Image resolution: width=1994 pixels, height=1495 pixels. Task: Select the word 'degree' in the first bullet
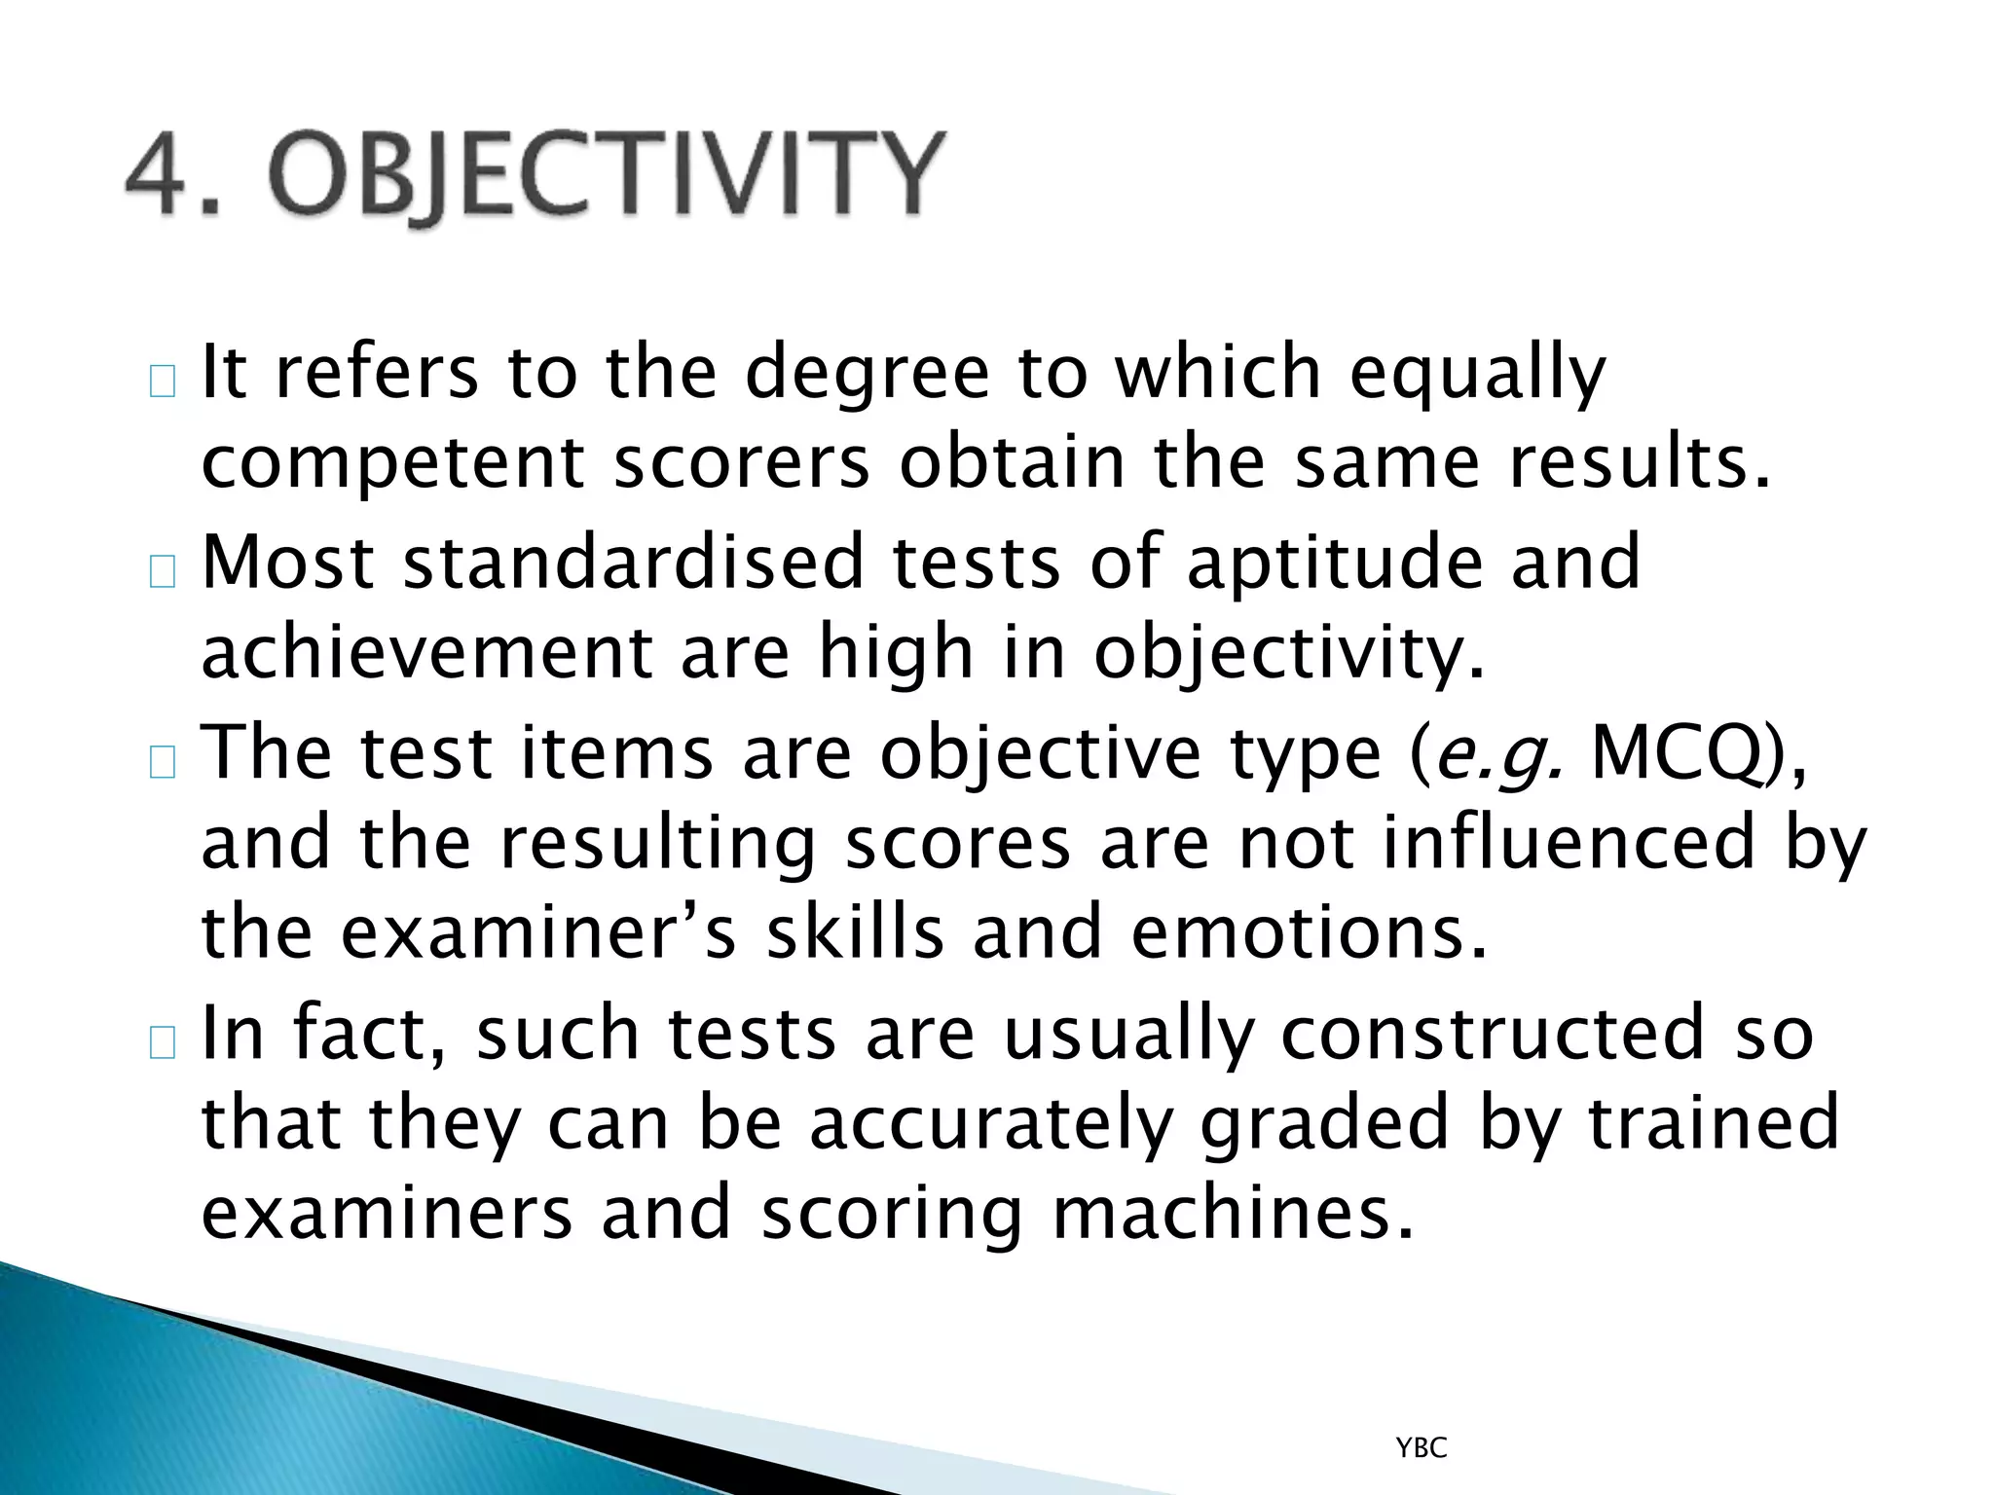867,374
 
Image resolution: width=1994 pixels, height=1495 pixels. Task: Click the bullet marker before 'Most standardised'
163,573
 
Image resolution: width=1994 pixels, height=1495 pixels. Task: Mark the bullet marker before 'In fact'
163,1043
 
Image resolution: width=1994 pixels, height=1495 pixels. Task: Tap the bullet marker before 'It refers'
163,383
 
